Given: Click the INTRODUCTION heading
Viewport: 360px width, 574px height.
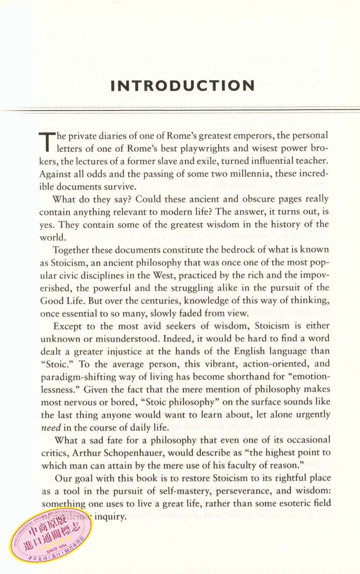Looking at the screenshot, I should click(x=183, y=86).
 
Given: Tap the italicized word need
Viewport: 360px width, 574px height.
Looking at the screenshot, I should click(x=51, y=428).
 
